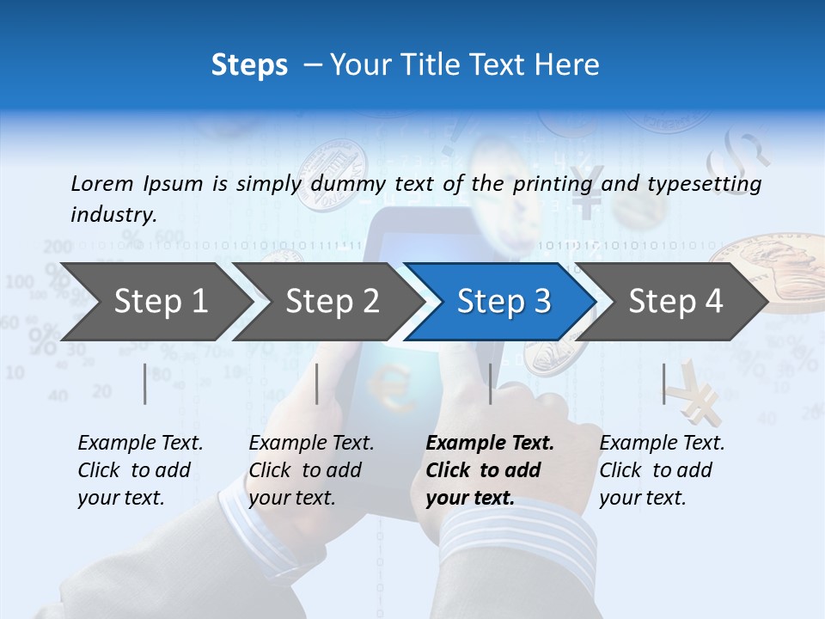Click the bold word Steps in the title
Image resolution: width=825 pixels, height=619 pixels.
(249, 64)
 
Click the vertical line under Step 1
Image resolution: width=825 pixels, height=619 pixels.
(145, 383)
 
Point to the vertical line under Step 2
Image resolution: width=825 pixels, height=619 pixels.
(317, 383)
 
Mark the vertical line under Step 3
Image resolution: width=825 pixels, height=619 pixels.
(490, 383)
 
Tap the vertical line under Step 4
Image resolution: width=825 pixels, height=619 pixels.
(663, 383)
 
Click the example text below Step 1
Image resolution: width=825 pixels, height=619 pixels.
(140, 470)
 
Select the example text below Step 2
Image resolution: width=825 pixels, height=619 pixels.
(311, 470)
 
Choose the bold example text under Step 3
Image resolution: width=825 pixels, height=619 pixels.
(490, 470)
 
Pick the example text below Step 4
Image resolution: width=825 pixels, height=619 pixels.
(662, 470)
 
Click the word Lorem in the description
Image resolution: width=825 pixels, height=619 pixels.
(101, 183)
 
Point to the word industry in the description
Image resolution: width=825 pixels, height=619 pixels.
(113, 215)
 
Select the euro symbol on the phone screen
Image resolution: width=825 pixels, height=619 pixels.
(394, 386)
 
